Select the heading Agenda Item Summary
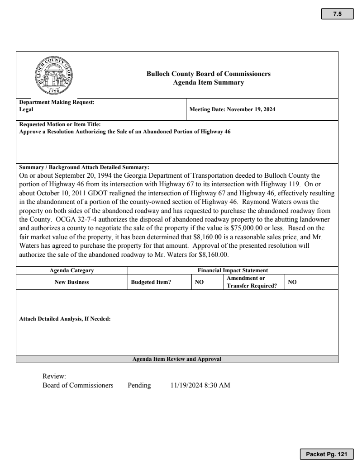tap(209, 82)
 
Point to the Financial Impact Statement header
tap(233, 270)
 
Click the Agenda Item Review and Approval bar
tap(177, 359)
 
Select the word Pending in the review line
tap(139, 385)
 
